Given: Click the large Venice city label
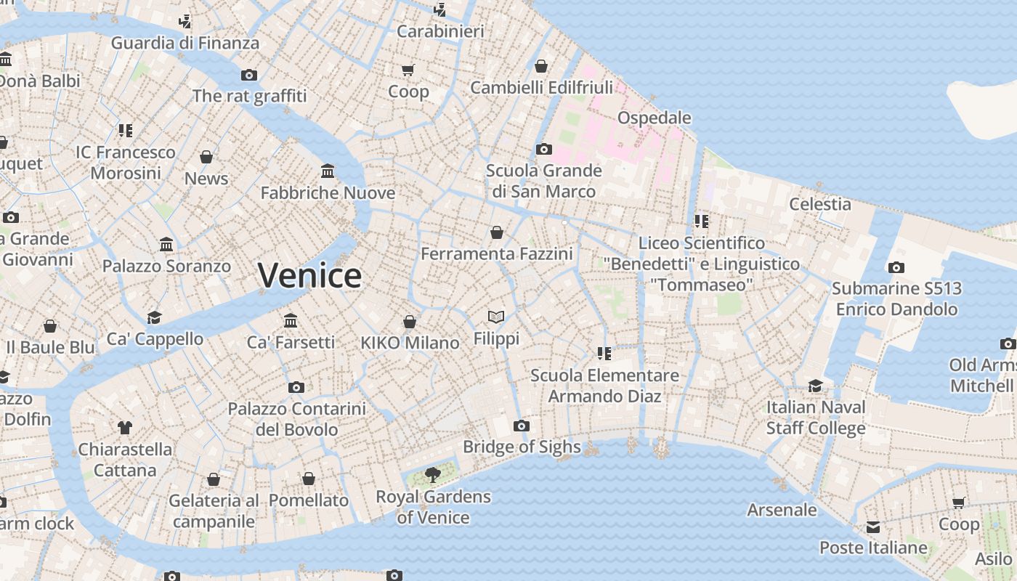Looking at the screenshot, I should (309, 276).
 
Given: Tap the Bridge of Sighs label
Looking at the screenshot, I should (522, 447).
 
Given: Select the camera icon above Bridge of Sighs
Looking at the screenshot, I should (521, 426).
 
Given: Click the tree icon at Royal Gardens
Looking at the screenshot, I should (433, 476).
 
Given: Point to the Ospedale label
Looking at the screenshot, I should (654, 118).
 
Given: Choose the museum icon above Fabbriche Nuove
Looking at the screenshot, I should (328, 171).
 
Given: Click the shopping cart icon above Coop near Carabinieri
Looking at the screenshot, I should (408, 70).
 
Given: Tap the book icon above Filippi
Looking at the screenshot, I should (496, 317).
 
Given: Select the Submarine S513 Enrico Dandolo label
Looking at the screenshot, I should (896, 298).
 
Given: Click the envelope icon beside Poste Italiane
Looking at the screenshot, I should (872, 527).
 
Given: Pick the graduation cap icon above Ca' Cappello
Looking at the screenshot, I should (154, 317).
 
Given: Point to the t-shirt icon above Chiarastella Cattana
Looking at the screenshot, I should (125, 428).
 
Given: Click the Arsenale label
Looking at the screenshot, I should (782, 510).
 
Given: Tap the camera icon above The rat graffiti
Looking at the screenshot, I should (249, 75).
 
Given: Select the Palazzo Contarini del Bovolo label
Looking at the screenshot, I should (296, 419).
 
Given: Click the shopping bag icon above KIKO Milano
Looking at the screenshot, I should (410, 322).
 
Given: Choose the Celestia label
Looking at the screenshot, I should (820, 204).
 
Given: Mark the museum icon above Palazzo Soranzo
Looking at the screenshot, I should (166, 245).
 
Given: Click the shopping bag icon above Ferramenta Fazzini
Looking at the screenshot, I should (497, 232).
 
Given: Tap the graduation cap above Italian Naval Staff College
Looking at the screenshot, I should (816, 386).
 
